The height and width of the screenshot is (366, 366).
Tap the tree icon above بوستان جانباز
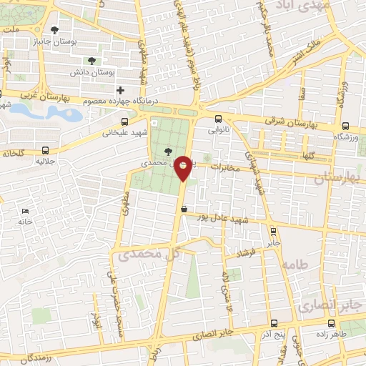tap(54, 29)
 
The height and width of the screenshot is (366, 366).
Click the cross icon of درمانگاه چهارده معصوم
tap(121, 90)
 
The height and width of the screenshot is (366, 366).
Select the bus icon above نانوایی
tap(218, 120)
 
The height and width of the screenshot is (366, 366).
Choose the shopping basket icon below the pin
tap(184, 209)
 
